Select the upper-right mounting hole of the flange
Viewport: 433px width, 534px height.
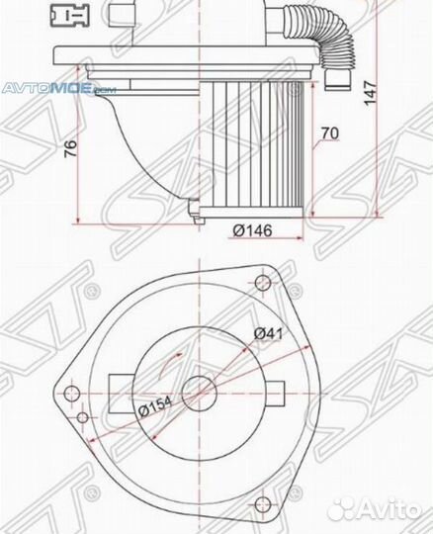coord(262,286)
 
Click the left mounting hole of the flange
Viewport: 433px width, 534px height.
coord(70,394)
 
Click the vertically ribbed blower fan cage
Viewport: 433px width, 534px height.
coord(257,148)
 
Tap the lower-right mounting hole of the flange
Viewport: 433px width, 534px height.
coord(262,499)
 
